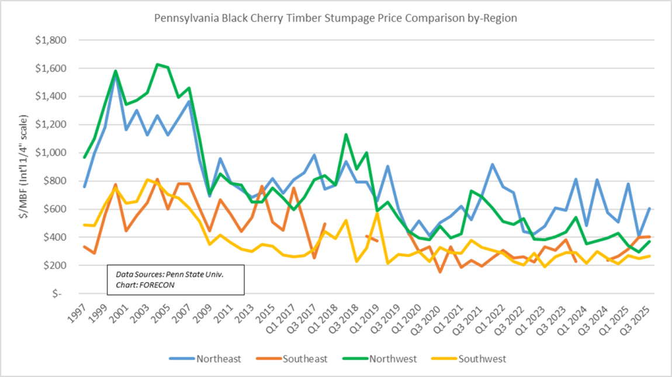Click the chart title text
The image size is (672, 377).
pos(335,18)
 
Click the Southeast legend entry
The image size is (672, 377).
pos(304,359)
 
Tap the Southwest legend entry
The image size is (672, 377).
pos(482,359)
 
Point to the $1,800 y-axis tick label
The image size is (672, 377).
pos(51,40)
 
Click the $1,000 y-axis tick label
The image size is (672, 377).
pos(51,153)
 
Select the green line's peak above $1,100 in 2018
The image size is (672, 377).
pos(345,134)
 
